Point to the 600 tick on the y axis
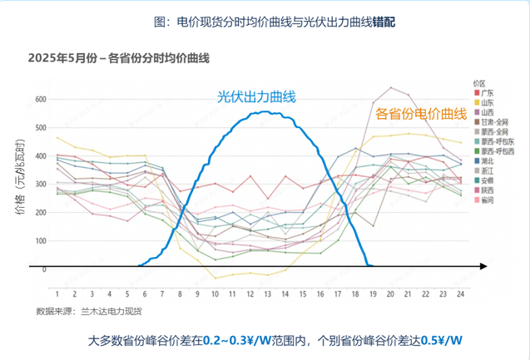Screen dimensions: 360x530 pyautogui.click(x=40, y=99)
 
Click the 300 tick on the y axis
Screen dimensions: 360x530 pyautogui.click(x=40, y=184)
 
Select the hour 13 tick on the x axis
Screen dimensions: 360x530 pyautogui.click(x=267, y=293)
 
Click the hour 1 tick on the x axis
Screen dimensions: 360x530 pyautogui.click(x=57, y=293)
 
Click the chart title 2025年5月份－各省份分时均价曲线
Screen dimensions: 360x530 pyautogui.click(x=118, y=58)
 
